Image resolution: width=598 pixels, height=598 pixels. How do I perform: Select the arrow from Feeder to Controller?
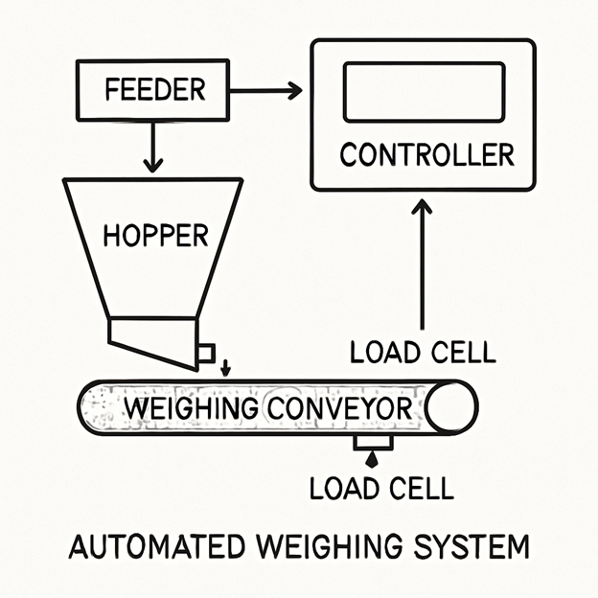point(265,91)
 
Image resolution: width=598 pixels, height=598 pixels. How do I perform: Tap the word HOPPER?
point(155,235)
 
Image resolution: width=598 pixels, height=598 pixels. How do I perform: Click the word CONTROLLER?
point(427,154)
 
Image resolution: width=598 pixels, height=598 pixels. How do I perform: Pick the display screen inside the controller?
point(424,92)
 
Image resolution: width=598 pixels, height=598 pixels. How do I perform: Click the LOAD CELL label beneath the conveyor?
point(380,488)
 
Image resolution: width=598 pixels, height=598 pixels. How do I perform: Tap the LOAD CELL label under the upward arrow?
point(423,352)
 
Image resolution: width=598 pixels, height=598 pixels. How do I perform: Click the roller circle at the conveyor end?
point(450,408)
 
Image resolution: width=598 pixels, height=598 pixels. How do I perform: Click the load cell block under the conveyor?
point(372,443)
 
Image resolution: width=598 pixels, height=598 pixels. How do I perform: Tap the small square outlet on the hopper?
point(205,354)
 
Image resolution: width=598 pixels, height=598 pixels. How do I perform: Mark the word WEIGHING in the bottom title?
point(329,548)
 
